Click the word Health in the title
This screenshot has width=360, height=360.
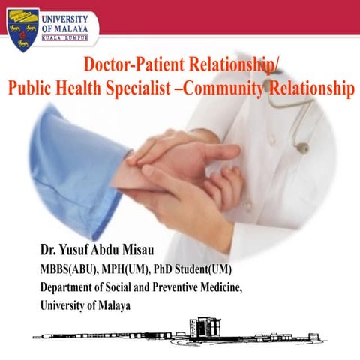97,88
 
